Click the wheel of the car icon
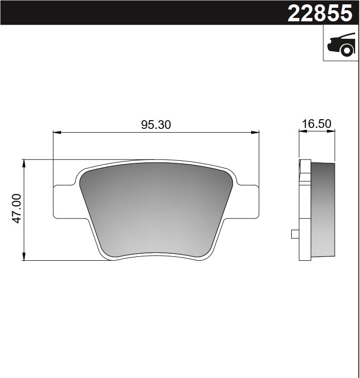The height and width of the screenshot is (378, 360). click(x=346, y=49)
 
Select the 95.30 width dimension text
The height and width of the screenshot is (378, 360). click(x=156, y=125)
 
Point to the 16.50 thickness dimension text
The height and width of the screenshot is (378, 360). click(x=316, y=124)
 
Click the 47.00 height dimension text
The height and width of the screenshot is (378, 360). click(x=16, y=208)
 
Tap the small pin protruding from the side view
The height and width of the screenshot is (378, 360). click(x=294, y=234)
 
